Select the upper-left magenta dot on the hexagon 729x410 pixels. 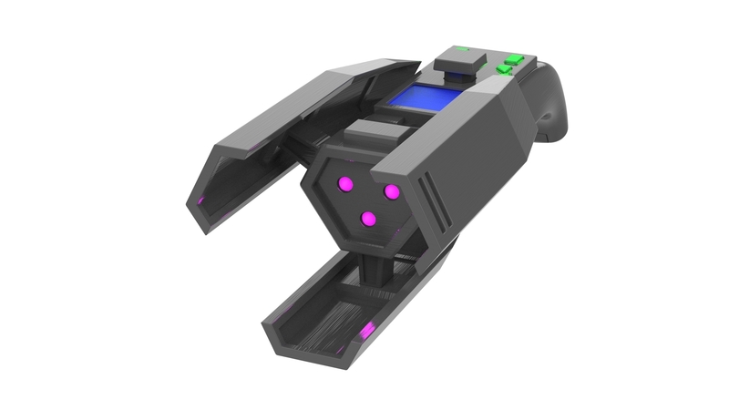(345, 184)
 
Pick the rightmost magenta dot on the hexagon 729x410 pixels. (392, 192)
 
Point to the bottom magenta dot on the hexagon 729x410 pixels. (368, 219)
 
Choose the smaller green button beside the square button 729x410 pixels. (501, 68)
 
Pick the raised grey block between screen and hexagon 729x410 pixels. (378, 137)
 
